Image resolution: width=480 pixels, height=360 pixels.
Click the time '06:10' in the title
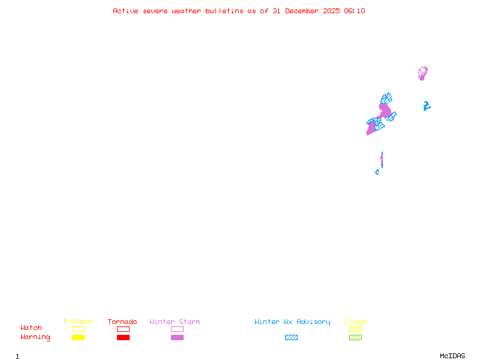(x=355, y=11)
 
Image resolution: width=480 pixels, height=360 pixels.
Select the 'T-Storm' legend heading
(x=77, y=322)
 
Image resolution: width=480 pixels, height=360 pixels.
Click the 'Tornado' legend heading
(x=122, y=322)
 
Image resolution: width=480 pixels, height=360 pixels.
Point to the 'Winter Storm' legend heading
(x=175, y=322)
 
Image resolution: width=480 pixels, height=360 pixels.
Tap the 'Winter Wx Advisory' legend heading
(x=292, y=322)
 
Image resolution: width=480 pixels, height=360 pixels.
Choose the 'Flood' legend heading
(x=355, y=322)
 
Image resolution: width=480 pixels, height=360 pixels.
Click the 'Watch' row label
(x=31, y=328)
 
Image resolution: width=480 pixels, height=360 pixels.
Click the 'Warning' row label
(x=35, y=337)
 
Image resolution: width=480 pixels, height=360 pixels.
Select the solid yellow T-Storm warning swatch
(x=78, y=338)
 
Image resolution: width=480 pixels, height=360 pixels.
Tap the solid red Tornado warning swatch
(x=123, y=338)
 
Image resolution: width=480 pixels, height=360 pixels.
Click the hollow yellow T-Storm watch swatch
(x=78, y=329)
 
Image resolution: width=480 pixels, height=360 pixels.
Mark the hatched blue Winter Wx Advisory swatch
(x=291, y=338)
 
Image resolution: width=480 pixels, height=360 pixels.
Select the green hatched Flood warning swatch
(x=355, y=338)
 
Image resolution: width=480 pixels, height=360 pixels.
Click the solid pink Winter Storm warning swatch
(x=177, y=338)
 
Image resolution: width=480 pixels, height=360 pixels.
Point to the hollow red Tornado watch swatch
(x=123, y=329)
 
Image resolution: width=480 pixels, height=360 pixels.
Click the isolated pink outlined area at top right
(x=422, y=73)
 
